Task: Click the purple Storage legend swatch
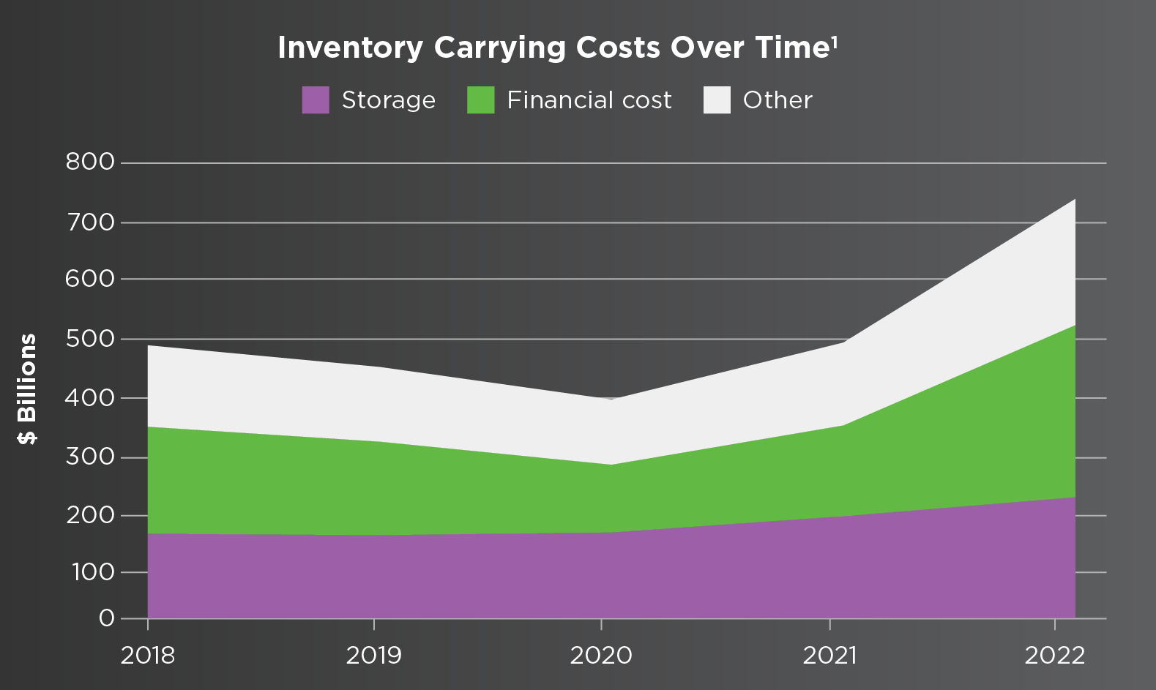pyautogui.click(x=316, y=100)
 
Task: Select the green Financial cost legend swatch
pyautogui.click(x=481, y=100)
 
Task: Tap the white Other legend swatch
pyautogui.click(x=717, y=100)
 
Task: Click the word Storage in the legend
pyautogui.click(x=388, y=100)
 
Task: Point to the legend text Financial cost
pyautogui.click(x=589, y=100)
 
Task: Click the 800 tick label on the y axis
pyautogui.click(x=90, y=162)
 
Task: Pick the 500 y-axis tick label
pyautogui.click(x=90, y=339)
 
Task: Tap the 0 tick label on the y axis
pyautogui.click(x=106, y=618)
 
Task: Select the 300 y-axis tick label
pyautogui.click(x=90, y=457)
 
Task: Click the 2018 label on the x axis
pyautogui.click(x=148, y=655)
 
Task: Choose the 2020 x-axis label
pyautogui.click(x=601, y=655)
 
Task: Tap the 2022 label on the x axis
pyautogui.click(x=1054, y=655)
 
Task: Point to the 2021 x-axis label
pyautogui.click(x=829, y=655)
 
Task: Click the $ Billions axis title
pyautogui.click(x=28, y=389)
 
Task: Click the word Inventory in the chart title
pyautogui.click(x=350, y=48)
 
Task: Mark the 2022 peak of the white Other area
pyautogui.click(x=1075, y=199)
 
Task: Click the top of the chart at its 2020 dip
pyautogui.click(x=611, y=399)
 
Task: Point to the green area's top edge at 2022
pyautogui.click(x=1075, y=325)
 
